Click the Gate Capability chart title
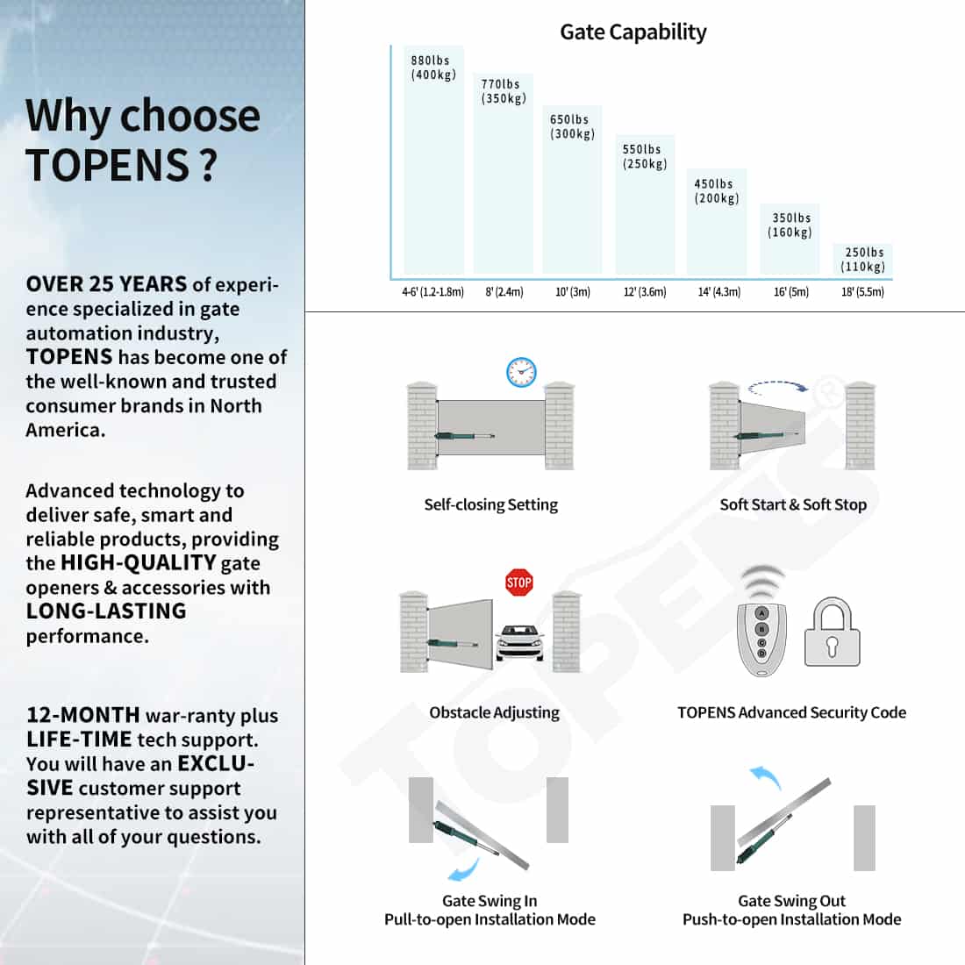(x=633, y=32)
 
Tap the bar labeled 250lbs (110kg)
(x=862, y=261)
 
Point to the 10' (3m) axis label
(x=572, y=292)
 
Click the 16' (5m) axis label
(x=790, y=292)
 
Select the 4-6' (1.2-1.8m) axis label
(x=432, y=292)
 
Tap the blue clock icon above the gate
(x=521, y=372)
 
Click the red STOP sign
(x=519, y=582)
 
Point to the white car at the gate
(x=519, y=644)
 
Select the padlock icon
(x=833, y=633)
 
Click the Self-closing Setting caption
(x=490, y=504)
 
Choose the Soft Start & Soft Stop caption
(x=793, y=504)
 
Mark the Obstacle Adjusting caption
(x=494, y=712)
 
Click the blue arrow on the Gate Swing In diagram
(x=464, y=868)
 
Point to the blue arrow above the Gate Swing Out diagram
(x=765, y=776)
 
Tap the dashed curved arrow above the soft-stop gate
(x=778, y=386)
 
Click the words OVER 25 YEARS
(x=106, y=284)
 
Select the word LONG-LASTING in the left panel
(x=106, y=611)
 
